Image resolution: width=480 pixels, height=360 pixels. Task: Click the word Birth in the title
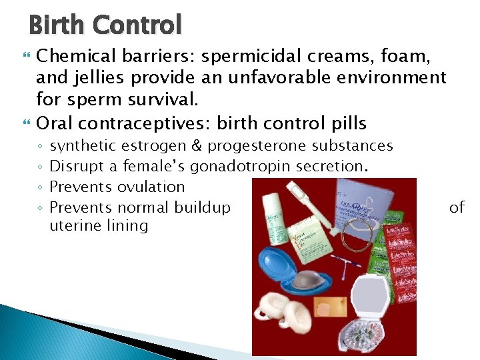pyautogui.click(x=57, y=25)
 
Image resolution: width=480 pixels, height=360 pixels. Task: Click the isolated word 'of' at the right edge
pyautogui.click(x=457, y=207)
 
